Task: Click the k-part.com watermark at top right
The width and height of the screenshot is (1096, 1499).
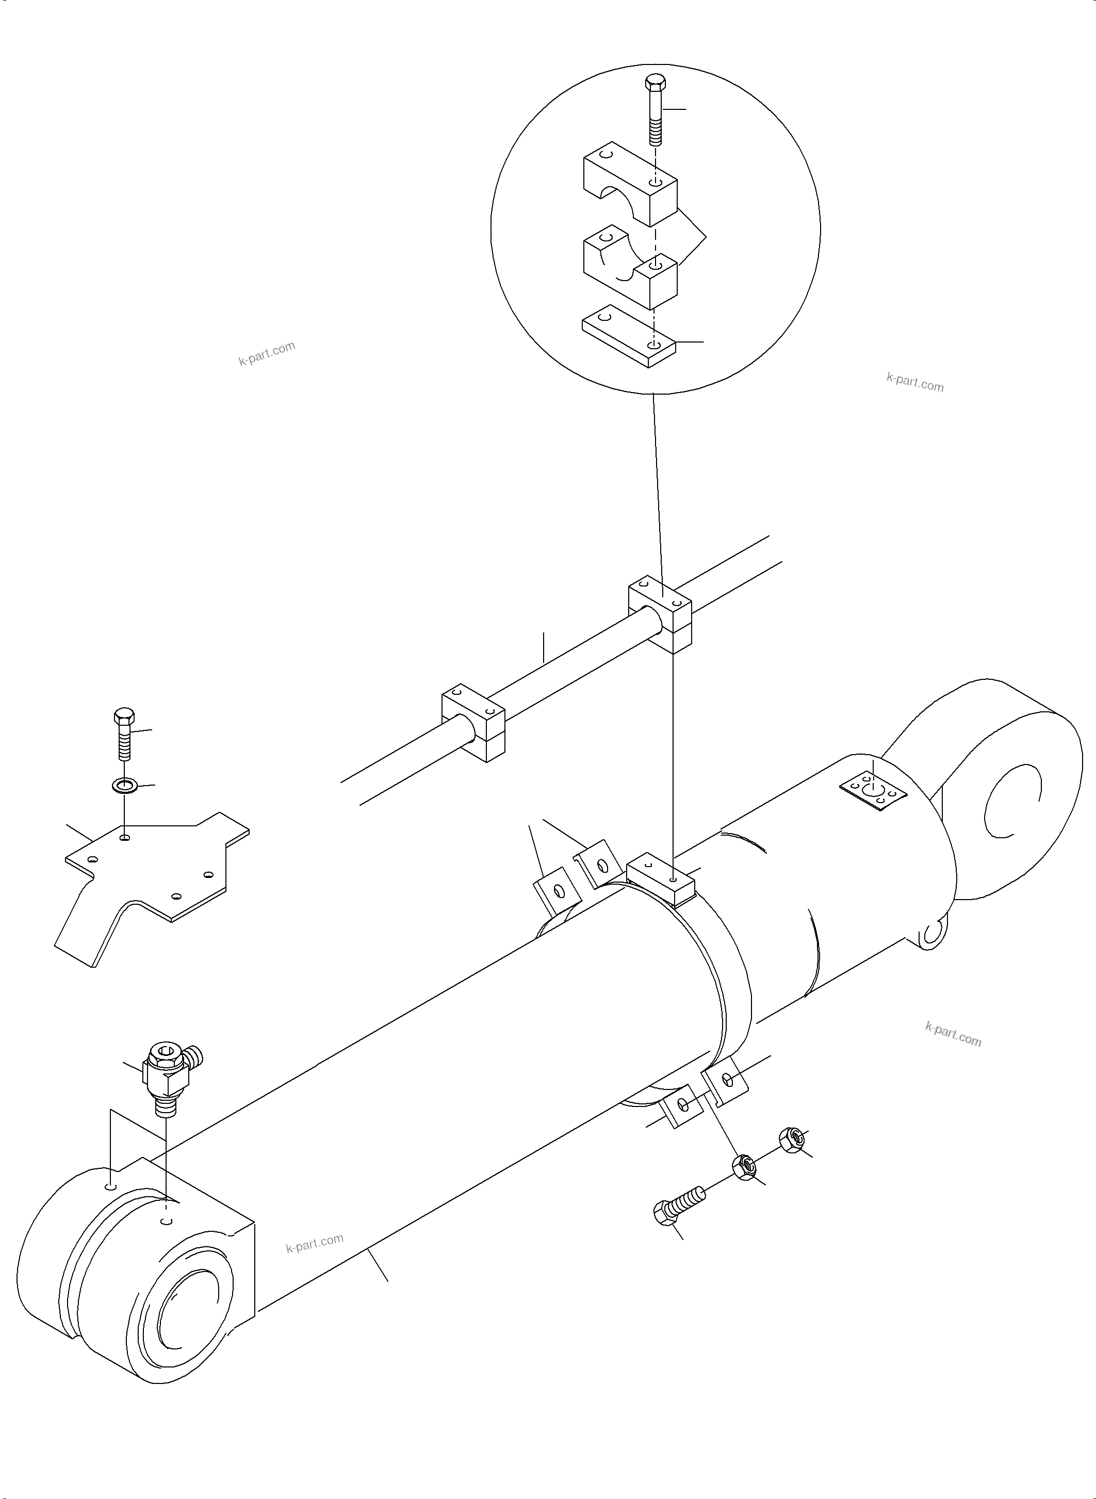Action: click(x=914, y=382)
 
